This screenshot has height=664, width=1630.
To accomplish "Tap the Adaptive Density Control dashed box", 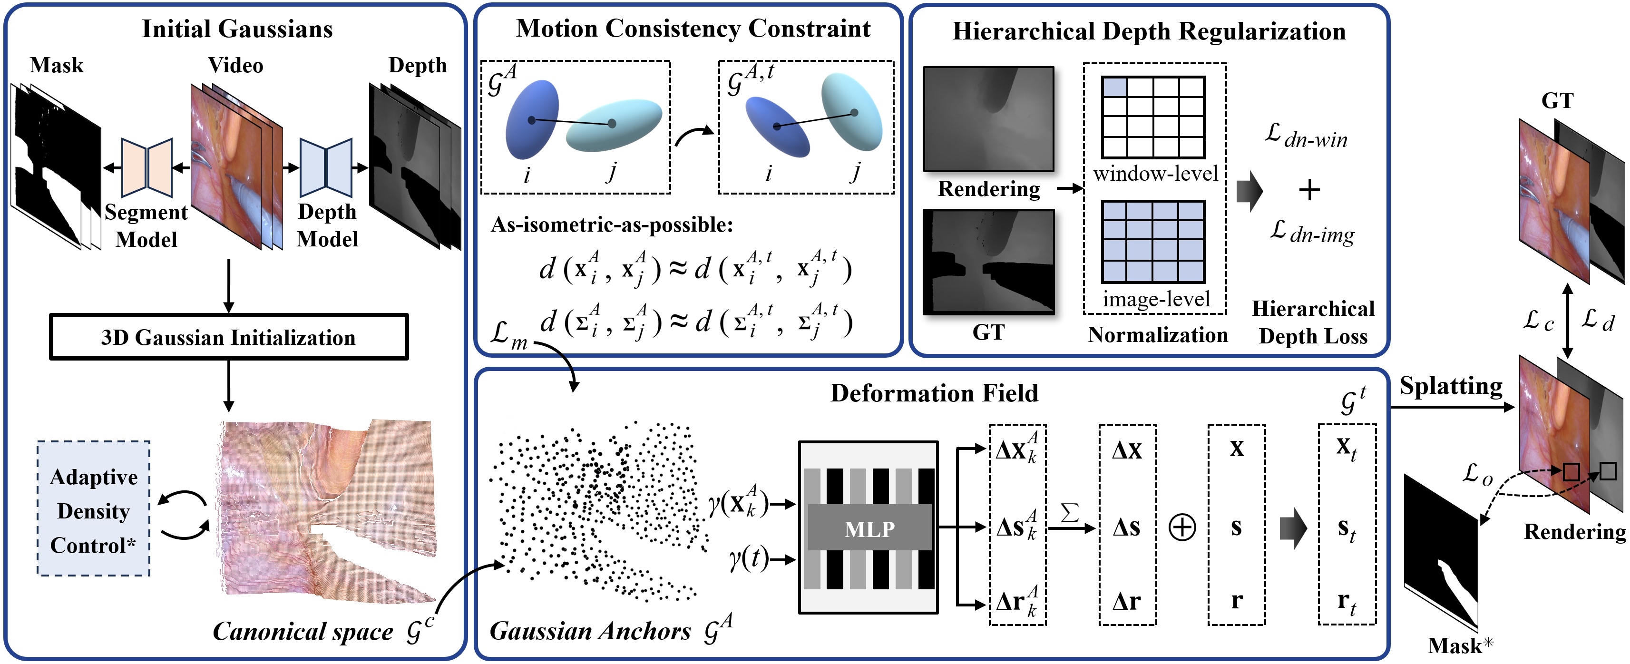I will tap(94, 509).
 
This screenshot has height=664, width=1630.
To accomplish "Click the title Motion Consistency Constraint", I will tap(693, 29).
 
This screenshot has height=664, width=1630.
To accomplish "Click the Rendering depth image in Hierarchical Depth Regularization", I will tap(988, 119).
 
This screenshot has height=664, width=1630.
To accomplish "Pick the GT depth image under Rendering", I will tap(988, 262).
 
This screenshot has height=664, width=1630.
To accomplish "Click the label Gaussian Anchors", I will tap(590, 631).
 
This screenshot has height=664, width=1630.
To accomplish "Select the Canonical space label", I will tap(303, 632).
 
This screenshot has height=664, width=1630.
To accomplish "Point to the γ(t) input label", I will tap(747, 559).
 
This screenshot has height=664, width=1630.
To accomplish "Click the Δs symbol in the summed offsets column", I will tap(1127, 527).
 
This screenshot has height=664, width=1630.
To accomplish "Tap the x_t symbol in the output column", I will tap(1346, 448).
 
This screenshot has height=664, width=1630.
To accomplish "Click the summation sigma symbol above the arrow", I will tap(1069, 513).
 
